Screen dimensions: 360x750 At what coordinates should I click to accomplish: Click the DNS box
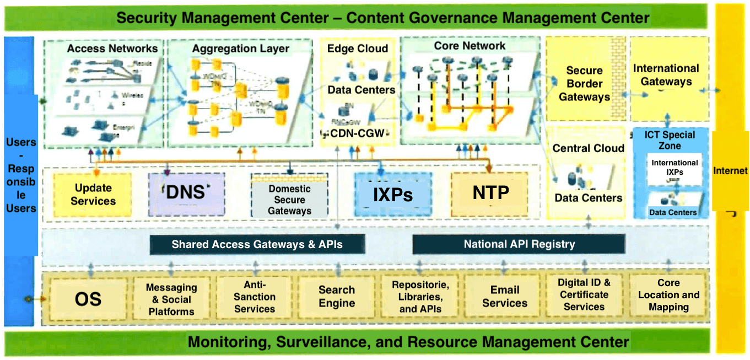tap(186, 193)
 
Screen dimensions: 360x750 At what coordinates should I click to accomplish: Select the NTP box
tap(489, 193)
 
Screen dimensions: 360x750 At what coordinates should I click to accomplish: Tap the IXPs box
tap(392, 194)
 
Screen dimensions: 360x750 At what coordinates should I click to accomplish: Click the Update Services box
tap(93, 194)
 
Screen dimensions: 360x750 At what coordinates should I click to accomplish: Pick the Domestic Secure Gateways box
tap(289, 199)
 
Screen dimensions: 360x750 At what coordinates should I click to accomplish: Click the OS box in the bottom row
tap(88, 299)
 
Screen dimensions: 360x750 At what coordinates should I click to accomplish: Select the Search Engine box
tap(336, 297)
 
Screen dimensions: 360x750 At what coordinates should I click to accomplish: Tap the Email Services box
tap(504, 297)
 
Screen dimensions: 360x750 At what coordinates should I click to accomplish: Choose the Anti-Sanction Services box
tap(254, 297)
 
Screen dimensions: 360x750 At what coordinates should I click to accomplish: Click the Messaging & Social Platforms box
tap(172, 299)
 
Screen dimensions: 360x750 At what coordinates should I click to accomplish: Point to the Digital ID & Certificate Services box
tap(584, 295)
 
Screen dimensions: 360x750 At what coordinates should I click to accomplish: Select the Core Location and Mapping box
tap(668, 295)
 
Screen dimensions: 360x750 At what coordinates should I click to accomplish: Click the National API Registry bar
tap(519, 244)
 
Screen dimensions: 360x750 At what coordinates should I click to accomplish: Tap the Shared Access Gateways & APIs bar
tap(257, 244)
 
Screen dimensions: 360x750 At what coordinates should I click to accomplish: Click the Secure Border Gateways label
tap(584, 84)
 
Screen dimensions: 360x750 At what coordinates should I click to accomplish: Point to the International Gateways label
tap(666, 75)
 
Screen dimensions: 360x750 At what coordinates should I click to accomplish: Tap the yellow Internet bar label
tap(730, 171)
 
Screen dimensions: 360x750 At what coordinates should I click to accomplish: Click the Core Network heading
tap(470, 46)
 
